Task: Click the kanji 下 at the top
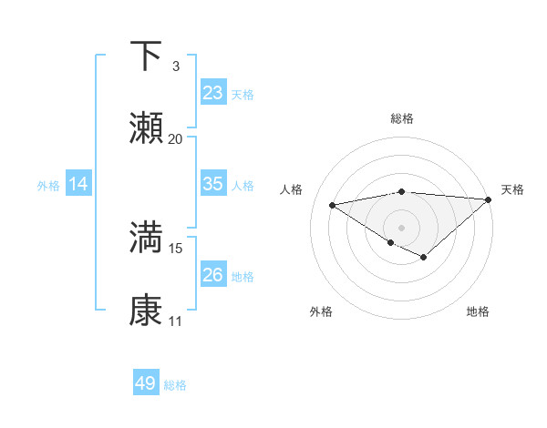pos(146,56)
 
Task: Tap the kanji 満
pos(146,238)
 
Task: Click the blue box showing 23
pos(212,93)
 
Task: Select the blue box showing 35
pos(212,184)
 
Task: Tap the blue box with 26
pos(212,274)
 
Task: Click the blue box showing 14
pos(78,184)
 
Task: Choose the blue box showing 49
pos(146,383)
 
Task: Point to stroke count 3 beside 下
pos(176,66)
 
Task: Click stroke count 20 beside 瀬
pos(176,139)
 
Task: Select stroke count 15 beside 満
pos(176,248)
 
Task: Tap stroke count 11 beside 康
pos(176,321)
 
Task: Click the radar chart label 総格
pos(402,118)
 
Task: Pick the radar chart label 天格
pos(512,189)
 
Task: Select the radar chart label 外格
pos(321,311)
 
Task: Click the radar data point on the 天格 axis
pos(489,199)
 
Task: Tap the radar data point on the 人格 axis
pos(333,204)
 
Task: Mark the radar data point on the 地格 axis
pos(423,257)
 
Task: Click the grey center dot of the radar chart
pos(402,228)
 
